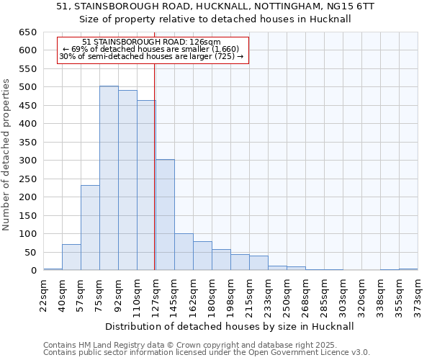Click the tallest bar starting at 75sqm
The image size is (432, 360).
(109, 178)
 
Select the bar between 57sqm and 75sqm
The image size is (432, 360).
(90, 228)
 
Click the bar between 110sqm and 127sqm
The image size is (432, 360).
(146, 185)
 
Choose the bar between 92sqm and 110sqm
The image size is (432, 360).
(127, 180)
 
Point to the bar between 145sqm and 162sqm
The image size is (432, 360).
(184, 252)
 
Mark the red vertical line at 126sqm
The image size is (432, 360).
(155, 166)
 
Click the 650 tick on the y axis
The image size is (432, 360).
(28, 32)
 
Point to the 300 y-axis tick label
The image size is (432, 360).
(28, 161)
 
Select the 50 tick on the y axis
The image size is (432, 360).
(30, 252)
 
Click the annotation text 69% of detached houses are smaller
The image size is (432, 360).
(151, 49)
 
